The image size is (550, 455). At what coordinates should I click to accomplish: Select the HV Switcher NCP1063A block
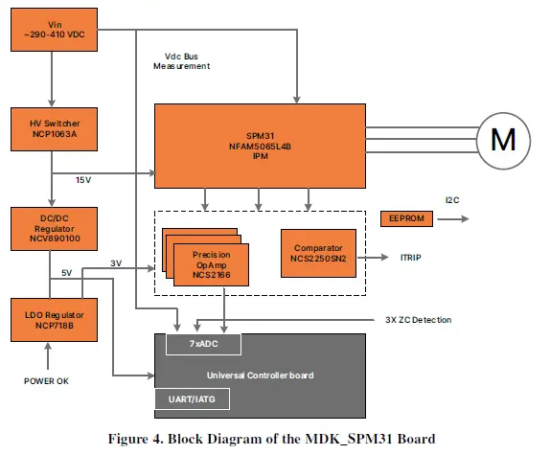(52, 128)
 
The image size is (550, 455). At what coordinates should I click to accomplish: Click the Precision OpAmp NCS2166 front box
(210, 265)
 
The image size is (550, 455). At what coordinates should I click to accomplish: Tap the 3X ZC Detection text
(413, 319)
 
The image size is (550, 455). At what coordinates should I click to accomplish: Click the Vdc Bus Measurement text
(181, 60)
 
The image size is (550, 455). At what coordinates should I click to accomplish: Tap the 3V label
(116, 262)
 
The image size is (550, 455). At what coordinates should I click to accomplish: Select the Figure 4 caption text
(274, 439)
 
